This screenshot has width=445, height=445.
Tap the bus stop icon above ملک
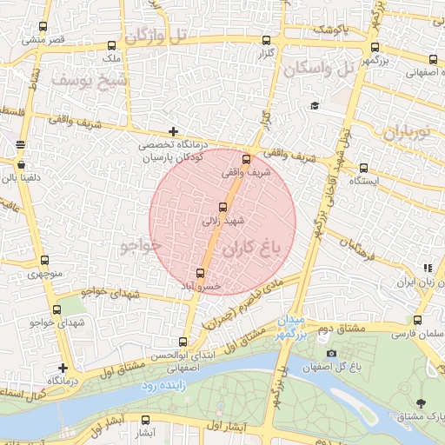coord(110,45)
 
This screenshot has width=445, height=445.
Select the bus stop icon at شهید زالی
coord(223,207)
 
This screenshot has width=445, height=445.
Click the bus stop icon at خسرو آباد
coord(201,273)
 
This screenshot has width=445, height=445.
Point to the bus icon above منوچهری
coord(44,260)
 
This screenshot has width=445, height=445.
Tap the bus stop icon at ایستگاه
coord(363,169)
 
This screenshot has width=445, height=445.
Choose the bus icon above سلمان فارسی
coord(418,319)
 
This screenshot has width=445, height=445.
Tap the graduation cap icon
coord(314,106)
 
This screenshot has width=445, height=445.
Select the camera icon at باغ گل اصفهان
coord(331,354)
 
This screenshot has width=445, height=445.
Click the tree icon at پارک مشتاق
coord(422,402)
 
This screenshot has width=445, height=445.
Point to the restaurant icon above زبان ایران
coord(426,269)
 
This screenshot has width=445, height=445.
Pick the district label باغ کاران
coord(254,249)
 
